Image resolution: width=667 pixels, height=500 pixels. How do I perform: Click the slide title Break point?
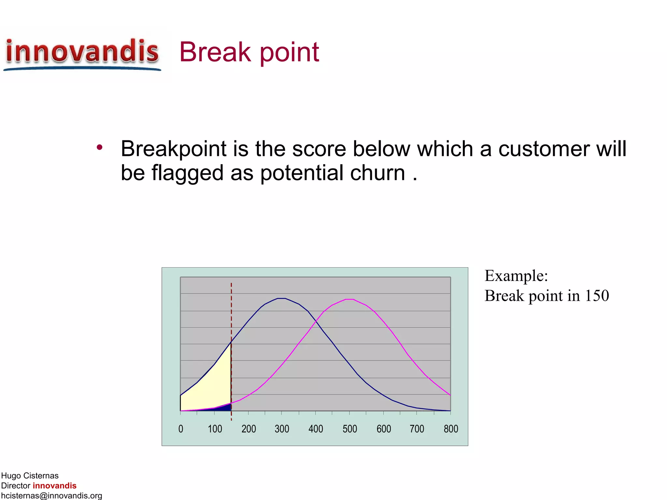point(249,52)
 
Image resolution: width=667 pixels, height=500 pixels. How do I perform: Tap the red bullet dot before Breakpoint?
point(100,147)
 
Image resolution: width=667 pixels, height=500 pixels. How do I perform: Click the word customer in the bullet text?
point(544,149)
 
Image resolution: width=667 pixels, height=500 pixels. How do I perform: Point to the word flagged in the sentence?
point(187,173)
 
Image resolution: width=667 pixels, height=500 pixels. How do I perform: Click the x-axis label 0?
point(181,429)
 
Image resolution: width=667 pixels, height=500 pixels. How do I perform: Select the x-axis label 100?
point(215,429)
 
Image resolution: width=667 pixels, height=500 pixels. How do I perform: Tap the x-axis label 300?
point(282,429)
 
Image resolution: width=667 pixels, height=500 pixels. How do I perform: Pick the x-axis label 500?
point(350,429)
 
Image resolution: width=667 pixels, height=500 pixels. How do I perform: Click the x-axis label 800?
point(451,429)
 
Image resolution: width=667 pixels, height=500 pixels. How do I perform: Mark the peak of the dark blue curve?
point(281,298)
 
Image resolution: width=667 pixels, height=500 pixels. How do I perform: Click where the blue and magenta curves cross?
point(316,322)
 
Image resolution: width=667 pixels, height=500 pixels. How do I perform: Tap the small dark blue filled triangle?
point(225,408)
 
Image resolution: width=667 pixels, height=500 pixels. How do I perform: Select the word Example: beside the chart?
point(516,276)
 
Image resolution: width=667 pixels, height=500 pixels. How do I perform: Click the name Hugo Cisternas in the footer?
point(30,476)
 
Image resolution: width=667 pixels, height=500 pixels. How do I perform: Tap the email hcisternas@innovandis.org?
point(51,495)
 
